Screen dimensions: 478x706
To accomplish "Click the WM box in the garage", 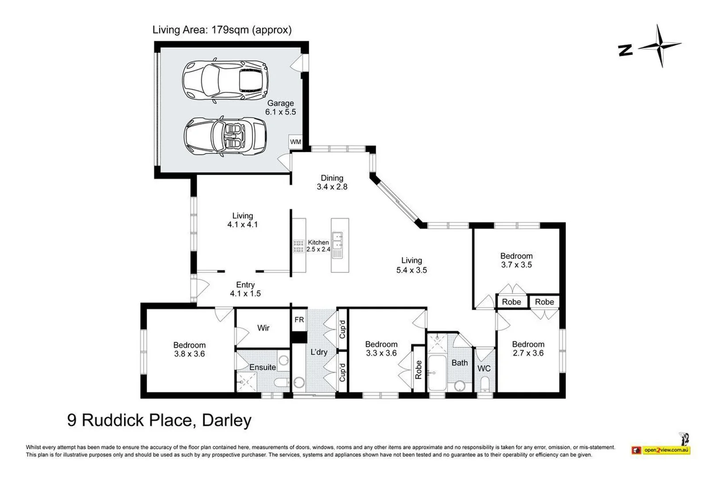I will click(x=295, y=142).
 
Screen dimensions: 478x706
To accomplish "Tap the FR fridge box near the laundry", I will click(x=299, y=320).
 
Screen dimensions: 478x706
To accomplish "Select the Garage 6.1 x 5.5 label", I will click(x=280, y=108).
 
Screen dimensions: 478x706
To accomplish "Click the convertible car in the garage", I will click(x=225, y=137).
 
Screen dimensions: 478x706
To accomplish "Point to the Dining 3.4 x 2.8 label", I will click(x=332, y=182).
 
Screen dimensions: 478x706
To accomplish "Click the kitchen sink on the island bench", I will click(x=337, y=240).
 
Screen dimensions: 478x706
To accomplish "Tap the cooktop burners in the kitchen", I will click(x=299, y=246).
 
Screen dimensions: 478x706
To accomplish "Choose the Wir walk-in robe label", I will click(x=263, y=328).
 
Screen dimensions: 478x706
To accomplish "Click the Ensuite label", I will click(x=263, y=367).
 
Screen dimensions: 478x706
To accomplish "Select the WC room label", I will click(x=484, y=368).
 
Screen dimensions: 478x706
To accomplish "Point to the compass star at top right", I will click(x=660, y=46).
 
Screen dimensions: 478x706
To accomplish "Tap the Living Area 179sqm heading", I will click(x=222, y=30).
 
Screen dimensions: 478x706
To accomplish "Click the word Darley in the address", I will click(x=227, y=420).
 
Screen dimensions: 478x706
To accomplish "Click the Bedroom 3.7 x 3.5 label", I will click(x=516, y=260).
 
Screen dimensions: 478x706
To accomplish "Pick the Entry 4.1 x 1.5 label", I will click(x=245, y=289).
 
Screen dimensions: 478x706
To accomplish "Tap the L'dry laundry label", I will click(x=318, y=352).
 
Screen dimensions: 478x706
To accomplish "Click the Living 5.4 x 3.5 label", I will click(x=411, y=265).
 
